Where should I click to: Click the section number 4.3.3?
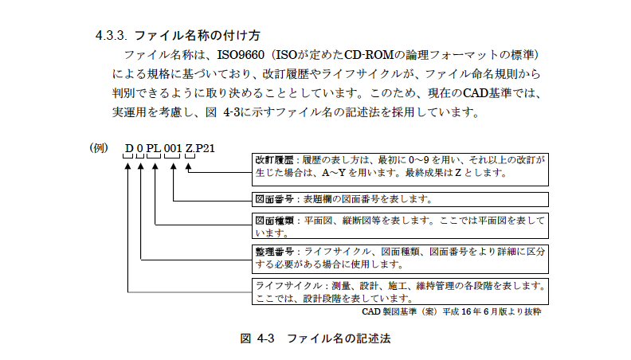tap(111, 36)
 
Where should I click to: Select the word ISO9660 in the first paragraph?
tap(241, 55)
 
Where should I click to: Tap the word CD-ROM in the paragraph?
tap(369, 55)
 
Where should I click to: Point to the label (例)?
tap(99, 148)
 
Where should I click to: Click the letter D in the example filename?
tap(129, 148)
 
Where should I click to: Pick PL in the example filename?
tap(153, 148)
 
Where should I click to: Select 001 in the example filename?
tap(173, 148)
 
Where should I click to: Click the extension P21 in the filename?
tap(206, 148)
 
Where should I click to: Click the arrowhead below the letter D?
tap(128, 166)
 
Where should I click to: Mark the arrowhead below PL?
tap(155, 166)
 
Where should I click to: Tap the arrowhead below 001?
tap(174, 166)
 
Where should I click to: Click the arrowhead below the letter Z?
tap(188, 166)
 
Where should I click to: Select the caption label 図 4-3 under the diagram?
tap(257, 338)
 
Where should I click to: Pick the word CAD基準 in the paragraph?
tap(487, 93)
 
